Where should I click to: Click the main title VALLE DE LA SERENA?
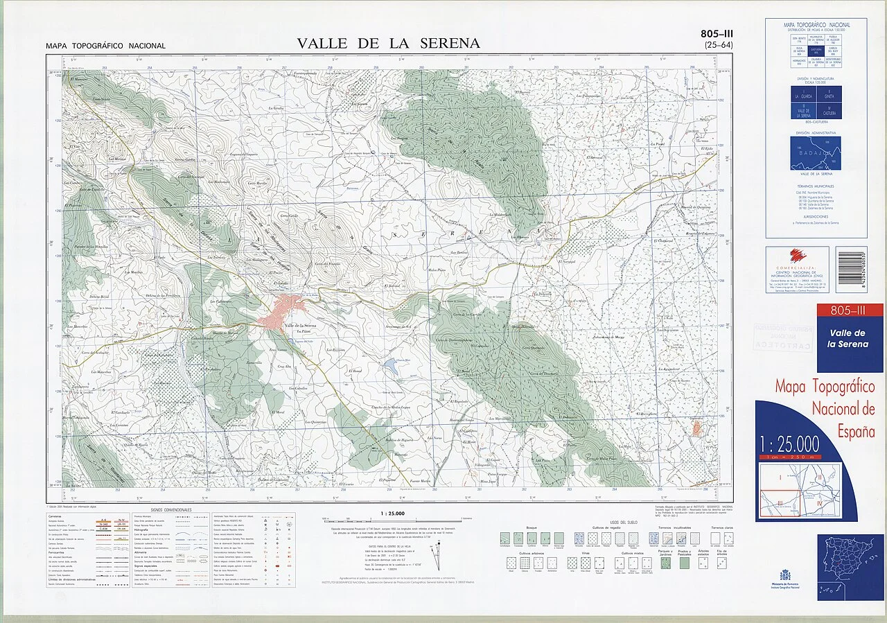388,44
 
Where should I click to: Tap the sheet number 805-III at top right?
718,33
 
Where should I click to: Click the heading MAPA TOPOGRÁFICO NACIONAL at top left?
105,46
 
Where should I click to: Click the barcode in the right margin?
850,270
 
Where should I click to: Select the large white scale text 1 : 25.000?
789,444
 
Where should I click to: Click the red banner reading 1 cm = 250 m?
789,457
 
